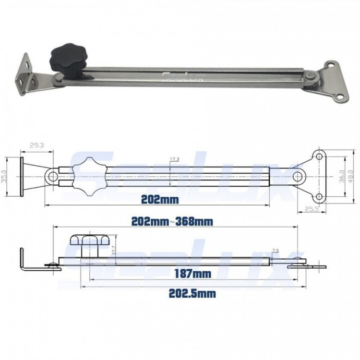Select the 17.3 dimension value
pos(174,159)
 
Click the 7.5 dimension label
pos(275,251)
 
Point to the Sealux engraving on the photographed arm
pos(183,76)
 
